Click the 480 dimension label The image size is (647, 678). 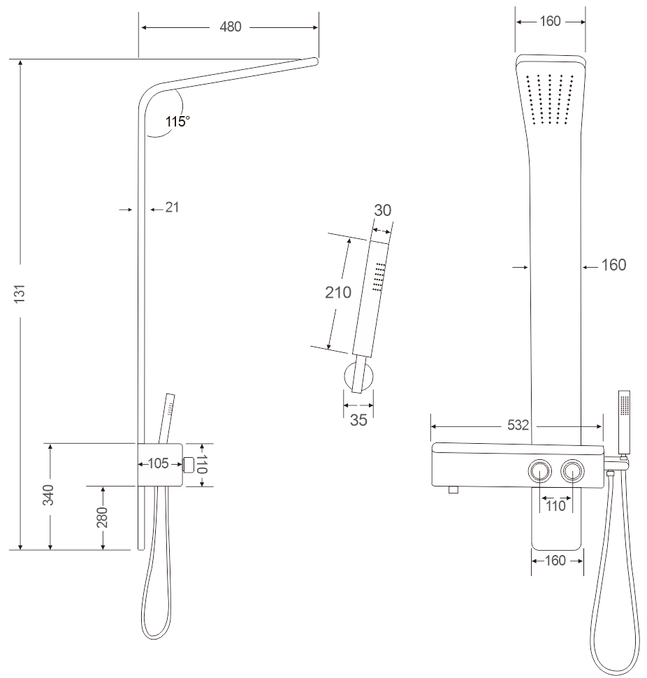231,27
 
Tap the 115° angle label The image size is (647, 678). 177,122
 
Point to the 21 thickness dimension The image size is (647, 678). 172,208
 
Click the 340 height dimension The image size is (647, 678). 48,495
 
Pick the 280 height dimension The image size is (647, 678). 102,517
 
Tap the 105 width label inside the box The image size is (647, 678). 158,463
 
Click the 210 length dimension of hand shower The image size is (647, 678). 338,293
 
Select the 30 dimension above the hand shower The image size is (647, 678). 382,210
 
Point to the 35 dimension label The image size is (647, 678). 358,420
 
